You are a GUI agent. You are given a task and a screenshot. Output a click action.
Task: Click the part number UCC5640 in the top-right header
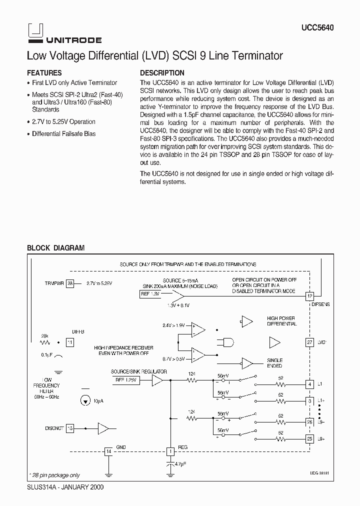coord(317,28)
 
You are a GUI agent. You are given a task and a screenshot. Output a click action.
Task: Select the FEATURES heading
coord(44,72)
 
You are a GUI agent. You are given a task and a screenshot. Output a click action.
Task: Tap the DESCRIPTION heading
coord(162,72)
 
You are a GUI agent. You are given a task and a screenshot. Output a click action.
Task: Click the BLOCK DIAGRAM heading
coord(55,247)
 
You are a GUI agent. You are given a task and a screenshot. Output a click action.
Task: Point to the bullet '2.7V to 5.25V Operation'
coord(63,121)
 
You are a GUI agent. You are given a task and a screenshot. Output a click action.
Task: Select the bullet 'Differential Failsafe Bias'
coord(63,133)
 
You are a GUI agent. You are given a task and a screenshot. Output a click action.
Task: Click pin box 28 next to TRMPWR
coord(70,283)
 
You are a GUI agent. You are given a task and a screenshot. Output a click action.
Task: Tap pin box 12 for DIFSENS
coord(310,296)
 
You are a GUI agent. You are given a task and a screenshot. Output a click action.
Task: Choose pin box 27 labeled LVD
coord(310,342)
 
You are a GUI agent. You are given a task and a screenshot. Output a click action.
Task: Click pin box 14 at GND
coord(108,451)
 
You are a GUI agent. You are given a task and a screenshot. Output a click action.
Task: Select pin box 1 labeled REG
coord(170,451)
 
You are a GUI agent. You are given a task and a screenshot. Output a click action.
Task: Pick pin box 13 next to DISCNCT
coord(70,428)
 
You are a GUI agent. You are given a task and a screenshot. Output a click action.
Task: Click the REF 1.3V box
coord(150,294)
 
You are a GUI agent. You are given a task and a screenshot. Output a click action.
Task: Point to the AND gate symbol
coord(225,342)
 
